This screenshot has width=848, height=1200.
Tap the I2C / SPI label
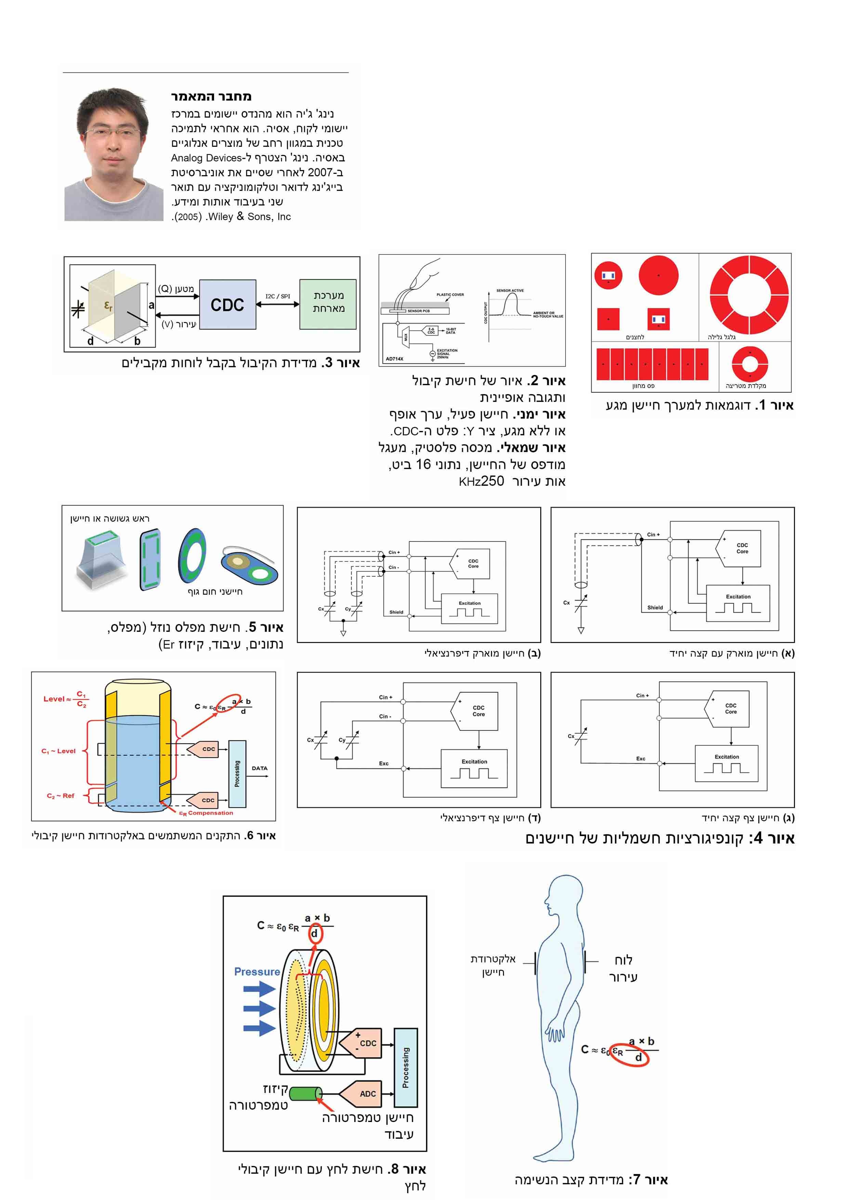point(277,296)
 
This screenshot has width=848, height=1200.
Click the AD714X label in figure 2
point(395,358)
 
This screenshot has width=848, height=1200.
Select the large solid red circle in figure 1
point(658,275)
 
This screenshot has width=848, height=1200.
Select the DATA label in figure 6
point(259,768)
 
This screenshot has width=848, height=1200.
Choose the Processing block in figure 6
point(237,773)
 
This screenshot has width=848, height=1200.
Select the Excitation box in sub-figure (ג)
point(726,764)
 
